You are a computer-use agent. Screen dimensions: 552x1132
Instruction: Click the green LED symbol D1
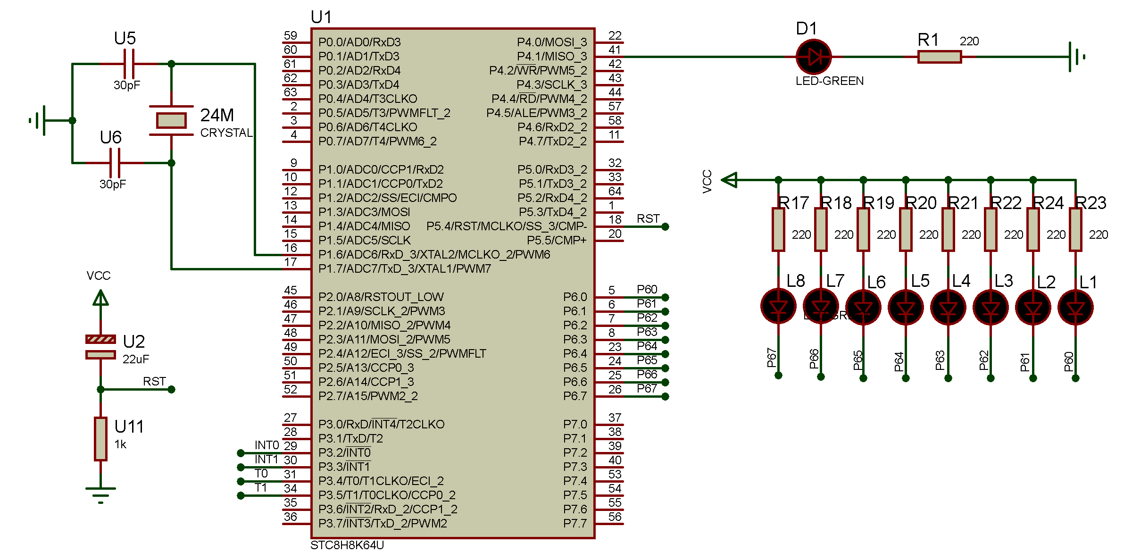[813, 57]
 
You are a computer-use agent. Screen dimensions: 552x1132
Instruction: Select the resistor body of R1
[939, 57]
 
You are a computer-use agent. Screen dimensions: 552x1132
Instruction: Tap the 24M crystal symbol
[171, 120]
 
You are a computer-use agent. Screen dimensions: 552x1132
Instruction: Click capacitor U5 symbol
[129, 64]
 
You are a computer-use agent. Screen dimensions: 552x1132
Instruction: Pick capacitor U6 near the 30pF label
[115, 163]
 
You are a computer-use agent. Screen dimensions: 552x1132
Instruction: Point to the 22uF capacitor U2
[100, 347]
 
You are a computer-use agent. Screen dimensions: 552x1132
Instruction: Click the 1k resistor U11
[100, 439]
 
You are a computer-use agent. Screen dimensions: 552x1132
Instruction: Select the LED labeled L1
[1075, 308]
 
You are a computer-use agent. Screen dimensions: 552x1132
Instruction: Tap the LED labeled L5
[906, 308]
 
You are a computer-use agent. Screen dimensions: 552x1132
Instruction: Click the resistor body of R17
[778, 229]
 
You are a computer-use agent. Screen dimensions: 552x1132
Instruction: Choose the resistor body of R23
[1075, 229]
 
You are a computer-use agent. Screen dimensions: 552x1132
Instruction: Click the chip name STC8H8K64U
[347, 545]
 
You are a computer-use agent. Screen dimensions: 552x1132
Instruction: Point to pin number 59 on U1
[291, 36]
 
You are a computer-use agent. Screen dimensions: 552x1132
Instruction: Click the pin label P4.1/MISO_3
[551, 57]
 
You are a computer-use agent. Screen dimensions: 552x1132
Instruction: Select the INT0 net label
[266, 445]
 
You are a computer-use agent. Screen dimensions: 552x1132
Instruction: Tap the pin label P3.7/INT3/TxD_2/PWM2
[383, 523]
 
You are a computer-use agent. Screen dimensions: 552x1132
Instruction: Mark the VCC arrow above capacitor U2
[100, 298]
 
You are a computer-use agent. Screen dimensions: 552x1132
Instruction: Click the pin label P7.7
[574, 523]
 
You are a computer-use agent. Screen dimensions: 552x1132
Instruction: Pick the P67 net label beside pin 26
[647, 389]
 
